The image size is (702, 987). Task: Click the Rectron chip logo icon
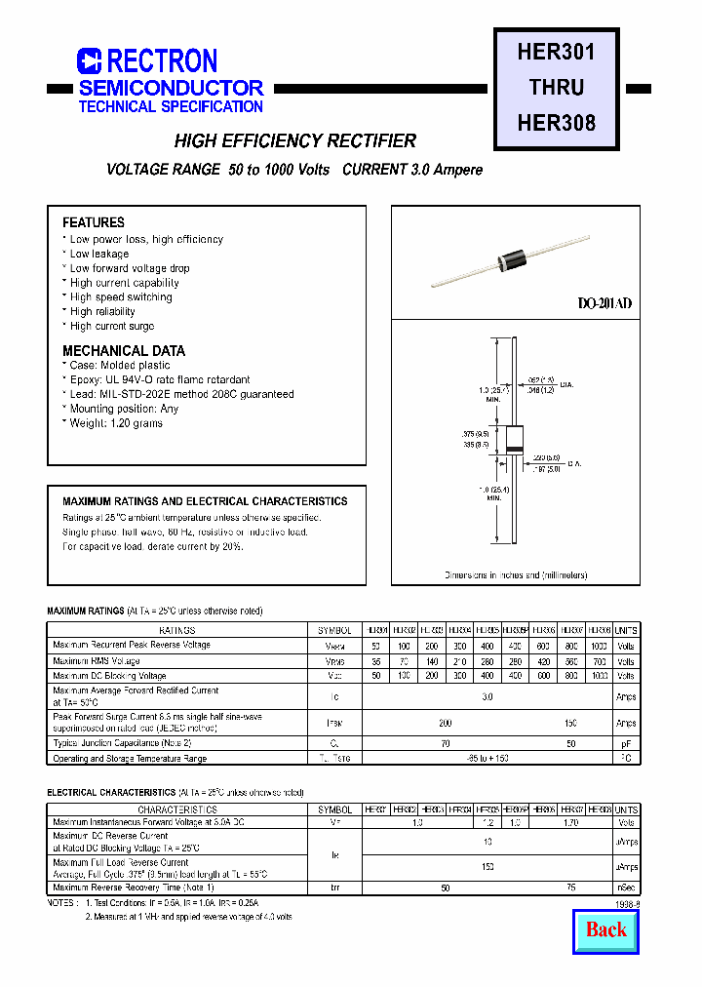pos(90,61)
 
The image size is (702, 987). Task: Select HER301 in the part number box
pos(556,52)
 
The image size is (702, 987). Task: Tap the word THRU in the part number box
pos(556,88)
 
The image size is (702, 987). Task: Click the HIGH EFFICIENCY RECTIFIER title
pos(294,141)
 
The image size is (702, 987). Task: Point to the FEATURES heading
pos(94,222)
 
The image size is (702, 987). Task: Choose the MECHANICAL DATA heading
pos(124,350)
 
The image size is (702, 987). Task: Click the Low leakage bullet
pos(98,254)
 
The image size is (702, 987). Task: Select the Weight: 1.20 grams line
pos(115,423)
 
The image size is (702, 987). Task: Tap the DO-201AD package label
pos(604,303)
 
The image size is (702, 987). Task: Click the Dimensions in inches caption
pos(516,575)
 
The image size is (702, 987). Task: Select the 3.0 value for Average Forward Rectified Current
pos(487,696)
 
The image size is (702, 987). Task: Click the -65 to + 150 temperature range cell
pos(487,758)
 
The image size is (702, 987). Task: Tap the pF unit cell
pos(626,743)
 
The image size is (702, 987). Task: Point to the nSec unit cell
pos(626,888)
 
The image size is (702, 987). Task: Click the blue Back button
pos(606,929)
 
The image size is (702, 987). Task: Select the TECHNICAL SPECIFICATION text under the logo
pos(171,106)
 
